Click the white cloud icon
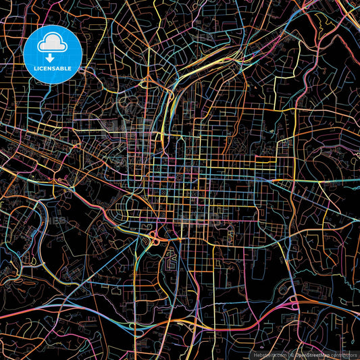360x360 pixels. coord(53,44)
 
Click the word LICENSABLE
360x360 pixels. coord(53,69)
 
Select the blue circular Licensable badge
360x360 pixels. coord(53,54)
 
